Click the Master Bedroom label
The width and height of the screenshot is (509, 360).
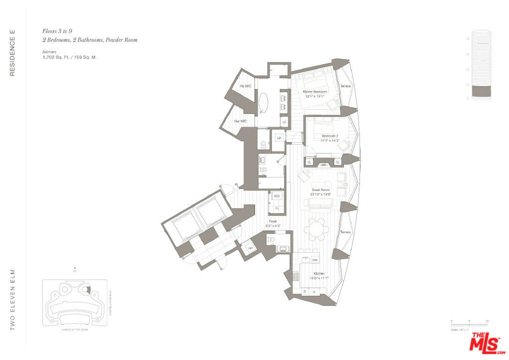pyautogui.click(x=315, y=92)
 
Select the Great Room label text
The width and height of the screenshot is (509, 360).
pyautogui.click(x=320, y=190)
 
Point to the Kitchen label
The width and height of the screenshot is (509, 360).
pyautogui.click(x=319, y=273)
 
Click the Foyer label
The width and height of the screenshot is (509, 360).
pyautogui.click(x=272, y=221)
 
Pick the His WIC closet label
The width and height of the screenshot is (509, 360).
pyautogui.click(x=245, y=86)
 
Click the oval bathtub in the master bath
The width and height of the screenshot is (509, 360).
pyautogui.click(x=264, y=104)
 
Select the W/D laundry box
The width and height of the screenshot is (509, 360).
pyautogui.click(x=276, y=196)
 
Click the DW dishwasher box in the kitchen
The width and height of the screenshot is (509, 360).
pyautogui.click(x=315, y=260)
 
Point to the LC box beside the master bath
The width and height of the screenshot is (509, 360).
pyautogui.click(x=284, y=122)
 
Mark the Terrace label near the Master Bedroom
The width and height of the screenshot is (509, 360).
pyautogui.click(x=345, y=86)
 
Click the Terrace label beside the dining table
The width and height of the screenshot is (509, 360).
pyautogui.click(x=345, y=232)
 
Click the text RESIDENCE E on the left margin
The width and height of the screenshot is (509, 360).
pyautogui.click(x=12, y=53)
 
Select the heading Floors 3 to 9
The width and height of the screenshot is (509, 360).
pyautogui.click(x=60, y=31)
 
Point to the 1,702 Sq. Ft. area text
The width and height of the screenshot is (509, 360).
pyautogui.click(x=59, y=57)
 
